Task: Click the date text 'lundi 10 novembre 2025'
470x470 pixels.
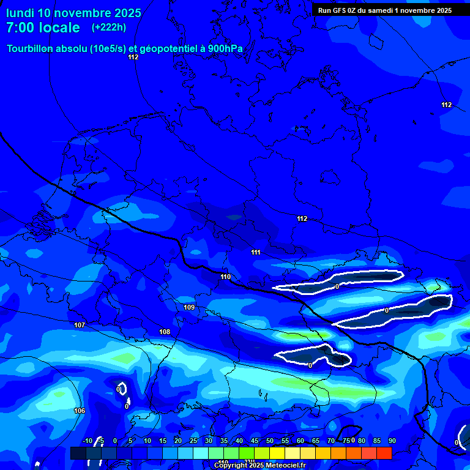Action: pos(73,13)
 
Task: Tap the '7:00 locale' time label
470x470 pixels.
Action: pos(43,28)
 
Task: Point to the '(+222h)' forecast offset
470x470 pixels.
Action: pos(109,27)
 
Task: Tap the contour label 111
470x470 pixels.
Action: pos(256,252)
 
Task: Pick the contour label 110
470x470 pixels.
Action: pos(226,277)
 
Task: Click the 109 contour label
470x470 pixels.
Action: pos(189,307)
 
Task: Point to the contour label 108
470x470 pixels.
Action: pos(165,332)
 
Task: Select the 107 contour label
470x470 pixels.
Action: pos(80,325)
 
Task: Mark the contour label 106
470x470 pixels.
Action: pos(79,411)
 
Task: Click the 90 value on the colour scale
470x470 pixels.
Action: pos(392,441)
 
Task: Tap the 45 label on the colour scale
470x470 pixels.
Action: pos(254,441)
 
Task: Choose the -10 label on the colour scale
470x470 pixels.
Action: pos(87,441)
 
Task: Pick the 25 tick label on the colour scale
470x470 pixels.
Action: pos(193,441)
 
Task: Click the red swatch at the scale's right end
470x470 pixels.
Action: pos(384,453)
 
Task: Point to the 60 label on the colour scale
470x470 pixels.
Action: pos(300,441)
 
